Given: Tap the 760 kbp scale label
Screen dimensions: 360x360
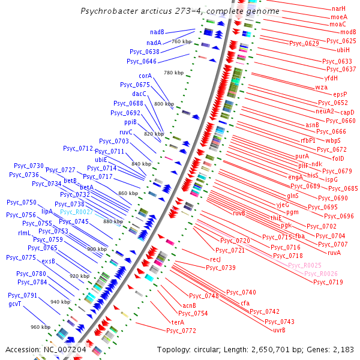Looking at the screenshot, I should [181, 41].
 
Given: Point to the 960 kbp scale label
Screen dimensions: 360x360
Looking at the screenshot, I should [41, 327].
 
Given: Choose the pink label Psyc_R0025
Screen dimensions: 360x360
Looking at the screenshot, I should [305, 265].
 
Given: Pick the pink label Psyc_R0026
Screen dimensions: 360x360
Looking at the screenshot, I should [320, 274].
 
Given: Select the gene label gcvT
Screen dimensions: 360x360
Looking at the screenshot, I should [15, 304].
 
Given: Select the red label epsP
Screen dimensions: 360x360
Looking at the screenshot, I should [340, 94].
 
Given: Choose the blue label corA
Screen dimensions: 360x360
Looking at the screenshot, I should [145, 76].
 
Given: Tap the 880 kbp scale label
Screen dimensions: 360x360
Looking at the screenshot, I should [113, 221].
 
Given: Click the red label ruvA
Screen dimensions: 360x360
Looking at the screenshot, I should [334, 253].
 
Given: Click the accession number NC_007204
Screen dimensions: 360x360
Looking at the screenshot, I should [65, 349].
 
